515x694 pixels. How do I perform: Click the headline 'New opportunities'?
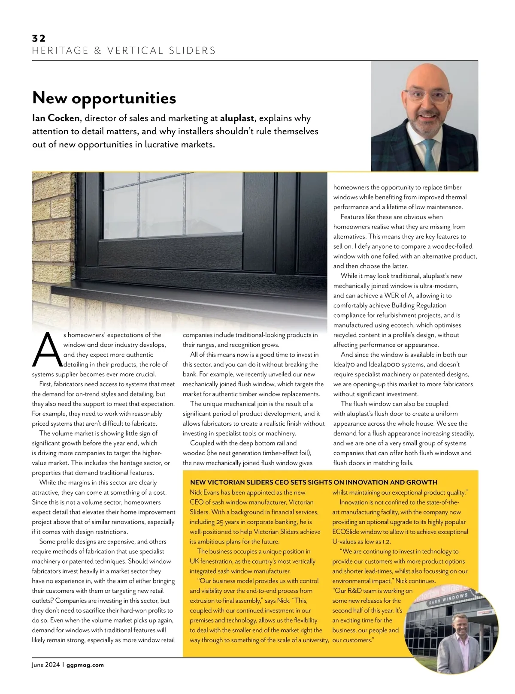104,98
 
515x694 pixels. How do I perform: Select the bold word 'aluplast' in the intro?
237,118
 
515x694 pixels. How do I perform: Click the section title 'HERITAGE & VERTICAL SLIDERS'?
124,51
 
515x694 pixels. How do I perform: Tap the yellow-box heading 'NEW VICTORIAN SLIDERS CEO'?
313,482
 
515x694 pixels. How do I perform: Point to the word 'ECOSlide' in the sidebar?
345,532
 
